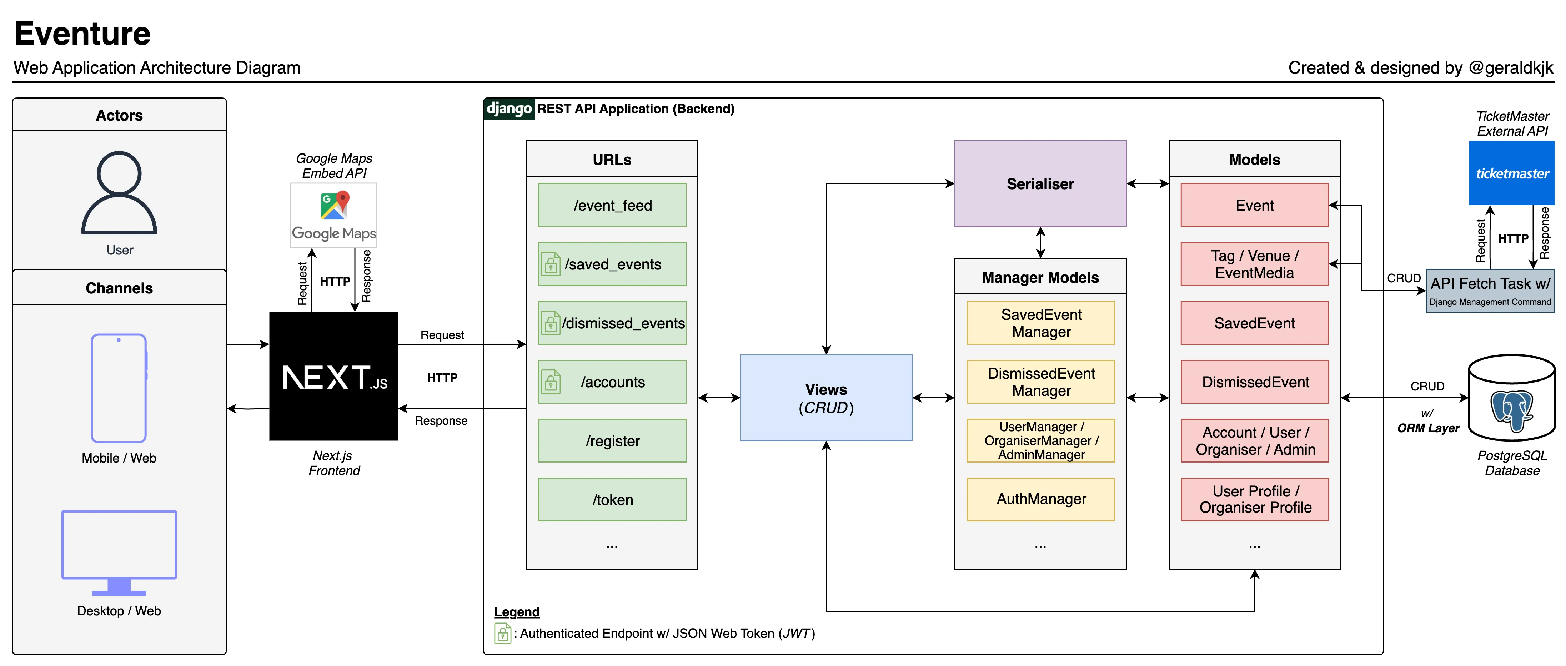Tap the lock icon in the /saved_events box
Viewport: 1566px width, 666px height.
tap(551, 264)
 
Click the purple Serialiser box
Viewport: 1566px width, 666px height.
tap(1040, 183)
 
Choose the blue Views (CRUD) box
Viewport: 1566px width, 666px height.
tap(825, 398)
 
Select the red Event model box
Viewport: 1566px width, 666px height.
tap(1254, 205)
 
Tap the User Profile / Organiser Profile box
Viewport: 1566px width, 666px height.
tap(1254, 499)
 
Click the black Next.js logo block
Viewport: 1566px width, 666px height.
tap(333, 376)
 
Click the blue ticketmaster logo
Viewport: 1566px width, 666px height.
tap(1511, 173)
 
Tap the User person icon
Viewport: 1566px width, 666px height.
tap(119, 193)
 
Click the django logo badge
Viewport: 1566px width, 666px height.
tap(509, 109)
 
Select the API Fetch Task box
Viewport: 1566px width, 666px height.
tap(1489, 291)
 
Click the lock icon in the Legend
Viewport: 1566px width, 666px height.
tap(502, 633)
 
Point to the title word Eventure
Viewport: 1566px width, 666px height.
tap(82, 34)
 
